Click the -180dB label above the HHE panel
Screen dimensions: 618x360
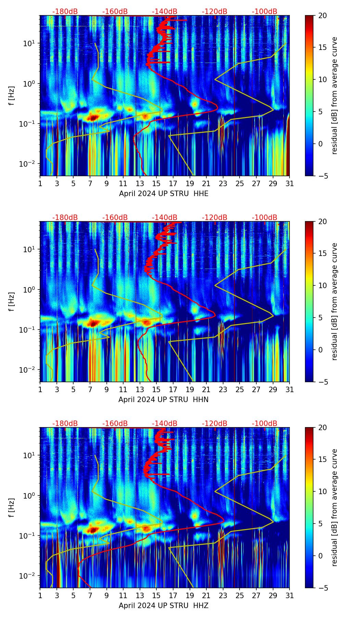point(65,12)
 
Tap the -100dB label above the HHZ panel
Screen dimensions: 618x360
point(265,424)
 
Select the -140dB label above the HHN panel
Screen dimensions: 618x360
point(165,218)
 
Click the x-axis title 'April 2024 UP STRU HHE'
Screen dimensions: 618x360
point(164,194)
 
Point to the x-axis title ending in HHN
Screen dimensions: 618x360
point(163,400)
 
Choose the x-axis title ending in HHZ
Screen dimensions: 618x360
point(164,606)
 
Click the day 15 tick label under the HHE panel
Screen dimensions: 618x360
point(156,184)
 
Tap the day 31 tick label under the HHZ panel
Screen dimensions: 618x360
point(290,596)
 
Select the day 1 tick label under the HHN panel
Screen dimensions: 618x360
point(40,390)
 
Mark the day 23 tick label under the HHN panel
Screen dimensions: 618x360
point(223,390)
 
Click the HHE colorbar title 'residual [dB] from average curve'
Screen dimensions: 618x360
point(335,95)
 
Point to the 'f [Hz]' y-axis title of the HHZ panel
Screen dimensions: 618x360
point(12,507)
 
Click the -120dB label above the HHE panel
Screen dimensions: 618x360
point(215,12)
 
